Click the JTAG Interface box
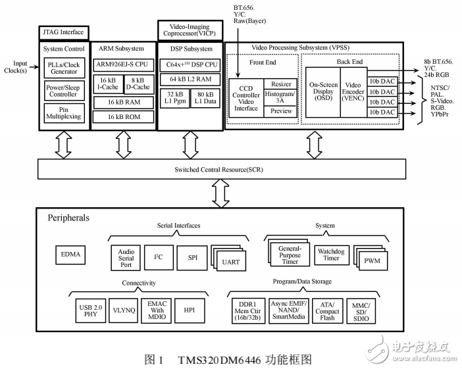coord(63,31)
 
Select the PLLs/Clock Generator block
coord(64,68)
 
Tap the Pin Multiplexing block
coord(64,112)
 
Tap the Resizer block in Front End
coord(281,84)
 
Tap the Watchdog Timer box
coord(327,255)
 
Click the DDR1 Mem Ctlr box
coord(249,310)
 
